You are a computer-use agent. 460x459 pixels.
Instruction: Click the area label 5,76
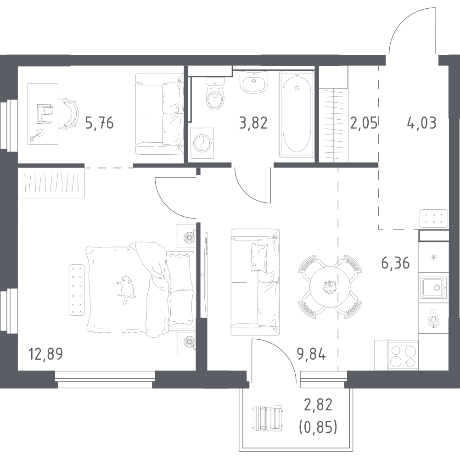tap(99, 123)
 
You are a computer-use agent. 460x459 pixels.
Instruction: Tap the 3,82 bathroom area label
tap(253, 123)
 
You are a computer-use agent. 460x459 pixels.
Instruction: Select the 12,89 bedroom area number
tap(45, 354)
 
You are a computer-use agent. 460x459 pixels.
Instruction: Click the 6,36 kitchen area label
tap(395, 263)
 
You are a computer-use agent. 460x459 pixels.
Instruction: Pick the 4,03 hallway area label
tap(421, 123)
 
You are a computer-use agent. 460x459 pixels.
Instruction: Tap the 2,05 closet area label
tap(364, 123)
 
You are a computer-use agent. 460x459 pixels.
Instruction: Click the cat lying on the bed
tap(126, 289)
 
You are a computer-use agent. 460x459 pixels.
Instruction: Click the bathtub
tap(297, 114)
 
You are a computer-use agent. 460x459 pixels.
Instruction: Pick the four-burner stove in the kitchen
tap(403, 355)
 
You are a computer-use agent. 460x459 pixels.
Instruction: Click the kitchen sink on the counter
tap(433, 287)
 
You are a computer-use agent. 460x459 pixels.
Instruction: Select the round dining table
tap(330, 287)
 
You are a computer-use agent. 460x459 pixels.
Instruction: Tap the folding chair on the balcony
tap(268, 418)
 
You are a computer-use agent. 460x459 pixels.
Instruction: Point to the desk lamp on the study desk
tap(36, 134)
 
